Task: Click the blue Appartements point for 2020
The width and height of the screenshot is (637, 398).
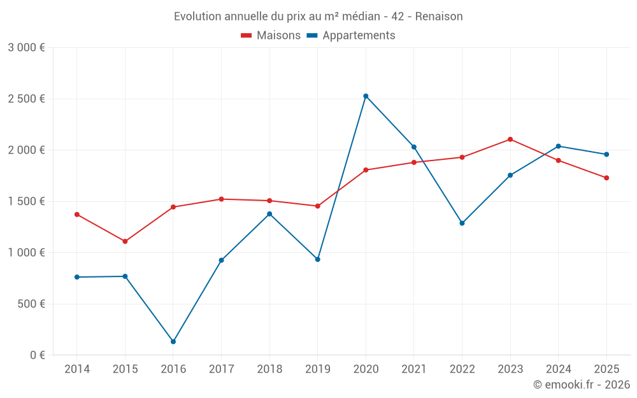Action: coord(366,96)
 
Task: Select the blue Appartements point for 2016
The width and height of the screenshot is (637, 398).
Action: coord(173,342)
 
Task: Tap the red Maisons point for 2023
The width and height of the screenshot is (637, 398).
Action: coord(510,139)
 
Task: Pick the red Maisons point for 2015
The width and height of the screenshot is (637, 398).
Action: coord(125,241)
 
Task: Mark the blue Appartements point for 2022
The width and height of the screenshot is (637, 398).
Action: coord(462,224)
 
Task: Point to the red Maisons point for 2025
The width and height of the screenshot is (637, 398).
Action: coord(606,178)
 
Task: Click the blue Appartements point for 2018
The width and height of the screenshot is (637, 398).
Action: coord(269,214)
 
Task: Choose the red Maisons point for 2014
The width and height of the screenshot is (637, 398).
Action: coord(77,215)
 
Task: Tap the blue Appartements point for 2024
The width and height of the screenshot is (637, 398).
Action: coord(559,146)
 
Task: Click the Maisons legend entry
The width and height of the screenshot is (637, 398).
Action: coord(271,36)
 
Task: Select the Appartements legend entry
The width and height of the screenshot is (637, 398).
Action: coord(351,36)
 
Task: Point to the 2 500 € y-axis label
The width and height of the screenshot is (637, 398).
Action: coord(26,99)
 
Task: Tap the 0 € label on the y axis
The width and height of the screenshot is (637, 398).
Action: coord(38,355)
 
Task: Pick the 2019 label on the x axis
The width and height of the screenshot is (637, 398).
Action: coord(317,369)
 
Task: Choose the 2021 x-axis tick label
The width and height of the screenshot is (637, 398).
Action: coord(414,369)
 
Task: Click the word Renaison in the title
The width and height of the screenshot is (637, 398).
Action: coord(439,16)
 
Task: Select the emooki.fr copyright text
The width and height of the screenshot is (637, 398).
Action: coord(582,385)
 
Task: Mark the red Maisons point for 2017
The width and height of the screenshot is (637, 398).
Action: coord(221,199)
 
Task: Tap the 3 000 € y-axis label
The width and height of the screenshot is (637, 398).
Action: coord(26,48)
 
